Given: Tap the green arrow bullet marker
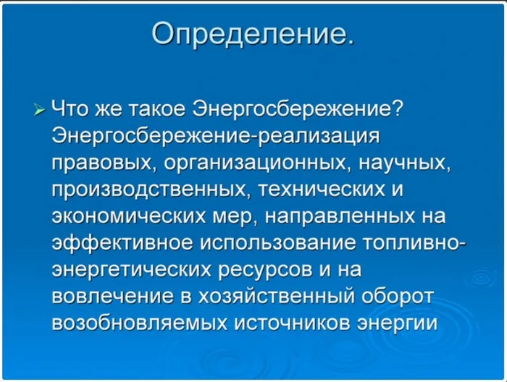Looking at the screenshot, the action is pyautogui.click(x=39, y=110).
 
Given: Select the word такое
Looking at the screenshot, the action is pyautogui.click(x=157, y=109).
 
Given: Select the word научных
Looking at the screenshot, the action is pyautogui.click(x=405, y=164).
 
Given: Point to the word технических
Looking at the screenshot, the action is pyautogui.click(x=322, y=190).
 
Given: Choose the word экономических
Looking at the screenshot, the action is pyautogui.click(x=129, y=216).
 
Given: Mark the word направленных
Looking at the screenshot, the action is pyautogui.click(x=340, y=216).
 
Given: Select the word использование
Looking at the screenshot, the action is pyautogui.click(x=278, y=244).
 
